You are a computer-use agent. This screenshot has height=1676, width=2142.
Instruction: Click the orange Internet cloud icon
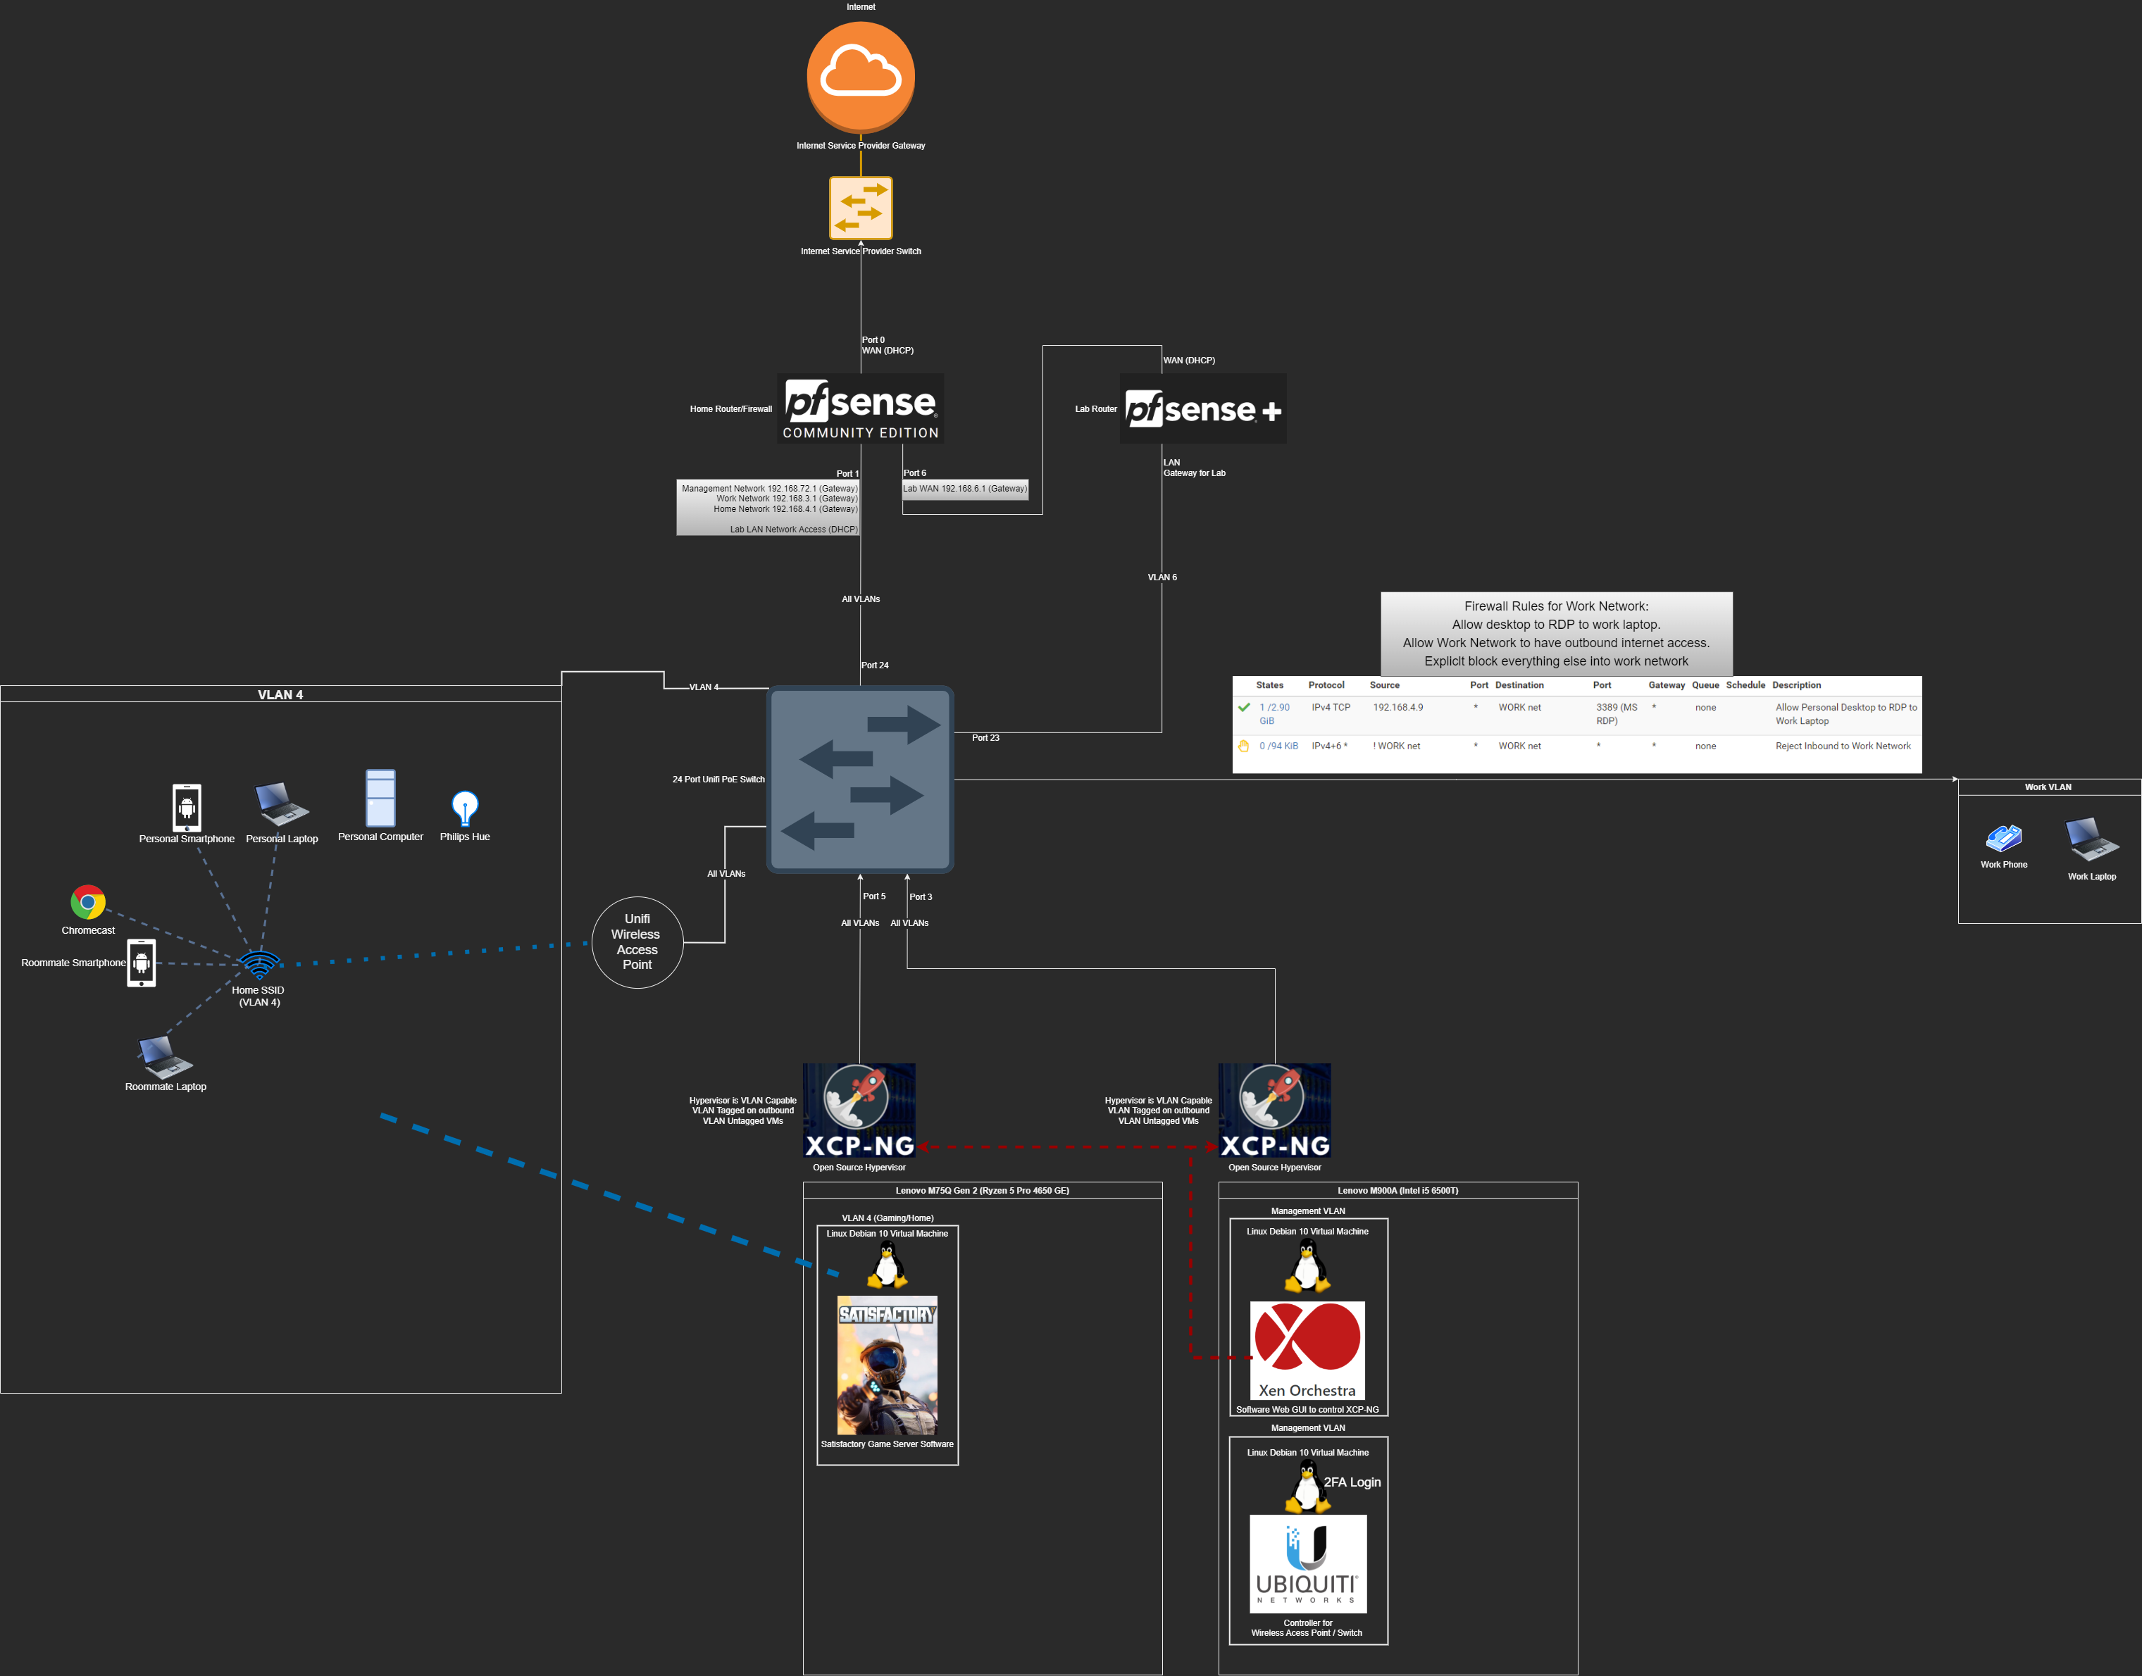click(x=861, y=77)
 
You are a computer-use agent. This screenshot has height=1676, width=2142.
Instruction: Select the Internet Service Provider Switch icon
click(x=861, y=208)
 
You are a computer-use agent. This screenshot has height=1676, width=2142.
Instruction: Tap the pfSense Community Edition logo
click(x=861, y=408)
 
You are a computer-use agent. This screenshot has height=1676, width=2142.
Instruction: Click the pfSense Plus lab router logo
click(x=1203, y=408)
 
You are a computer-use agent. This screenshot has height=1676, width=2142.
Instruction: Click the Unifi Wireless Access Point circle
click(x=637, y=942)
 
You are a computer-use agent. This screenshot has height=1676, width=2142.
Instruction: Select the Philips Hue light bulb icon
click(x=464, y=808)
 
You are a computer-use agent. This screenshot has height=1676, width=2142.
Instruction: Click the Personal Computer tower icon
click(x=380, y=798)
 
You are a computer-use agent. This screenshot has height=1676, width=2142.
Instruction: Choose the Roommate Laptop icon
click(x=164, y=1057)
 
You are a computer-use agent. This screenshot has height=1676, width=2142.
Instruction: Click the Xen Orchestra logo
click(x=1307, y=1350)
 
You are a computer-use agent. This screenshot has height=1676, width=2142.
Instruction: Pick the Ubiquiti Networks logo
click(x=1307, y=1564)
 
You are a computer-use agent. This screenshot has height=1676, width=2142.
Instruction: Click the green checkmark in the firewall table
click(x=1244, y=708)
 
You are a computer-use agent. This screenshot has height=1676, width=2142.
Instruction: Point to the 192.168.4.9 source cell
click(x=1397, y=708)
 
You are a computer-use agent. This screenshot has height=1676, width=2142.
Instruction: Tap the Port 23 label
click(x=985, y=738)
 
